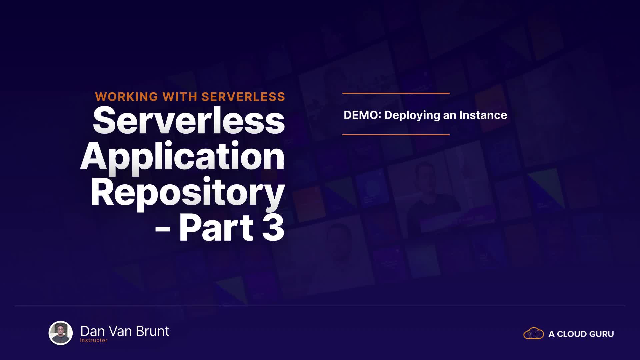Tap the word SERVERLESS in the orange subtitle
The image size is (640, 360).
click(243, 97)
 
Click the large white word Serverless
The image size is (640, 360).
click(189, 120)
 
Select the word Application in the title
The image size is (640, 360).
click(182, 157)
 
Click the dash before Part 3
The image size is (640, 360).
click(163, 229)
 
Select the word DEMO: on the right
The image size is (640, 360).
click(362, 115)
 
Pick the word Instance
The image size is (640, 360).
click(483, 115)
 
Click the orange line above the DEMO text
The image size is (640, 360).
click(396, 93)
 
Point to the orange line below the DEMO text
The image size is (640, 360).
click(396, 135)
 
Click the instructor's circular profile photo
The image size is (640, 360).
click(61, 333)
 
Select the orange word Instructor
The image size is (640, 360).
click(94, 340)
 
